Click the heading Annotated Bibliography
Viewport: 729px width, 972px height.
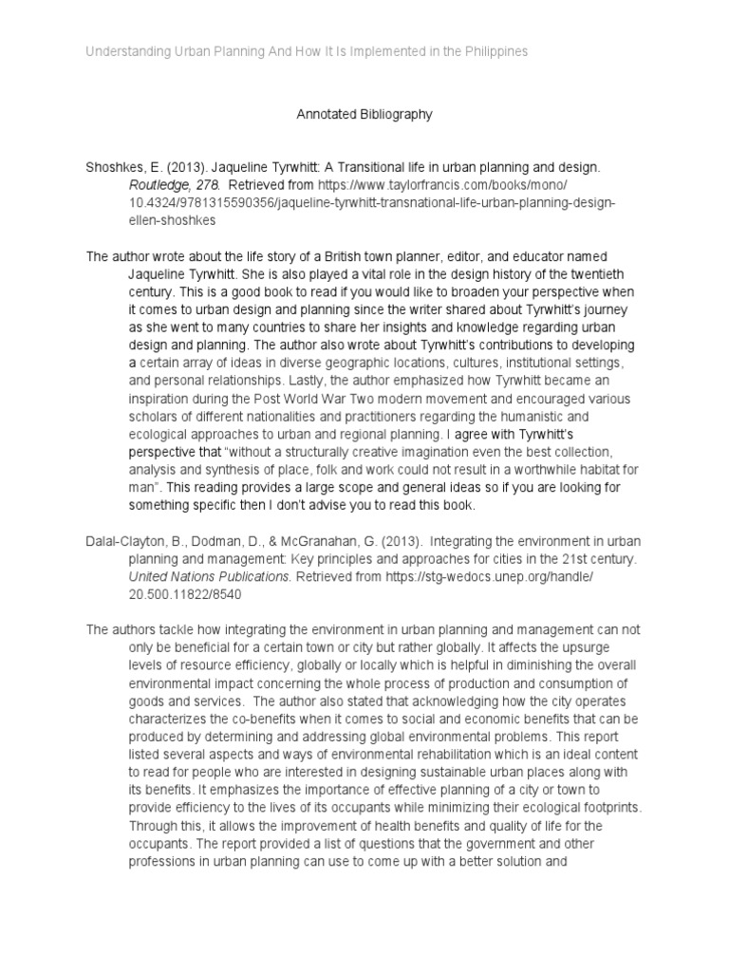pos(364,114)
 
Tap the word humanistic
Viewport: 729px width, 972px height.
pos(525,416)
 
